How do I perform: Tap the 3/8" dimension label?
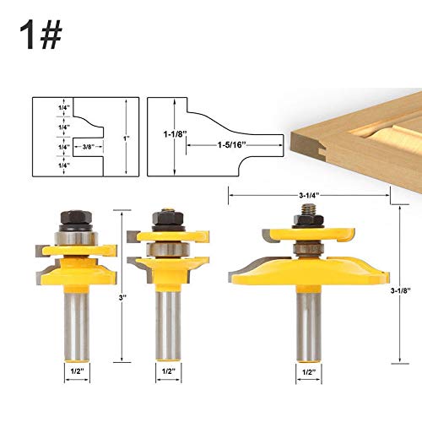tap(89, 147)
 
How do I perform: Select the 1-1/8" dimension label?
tap(176, 134)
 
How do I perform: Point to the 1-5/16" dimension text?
tap(231, 145)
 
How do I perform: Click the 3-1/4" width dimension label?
tap(309, 195)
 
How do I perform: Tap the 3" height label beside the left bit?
tap(122, 298)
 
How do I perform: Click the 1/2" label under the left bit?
tap(78, 371)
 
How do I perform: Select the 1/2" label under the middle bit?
tap(169, 371)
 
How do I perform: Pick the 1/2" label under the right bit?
tap(308, 372)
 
